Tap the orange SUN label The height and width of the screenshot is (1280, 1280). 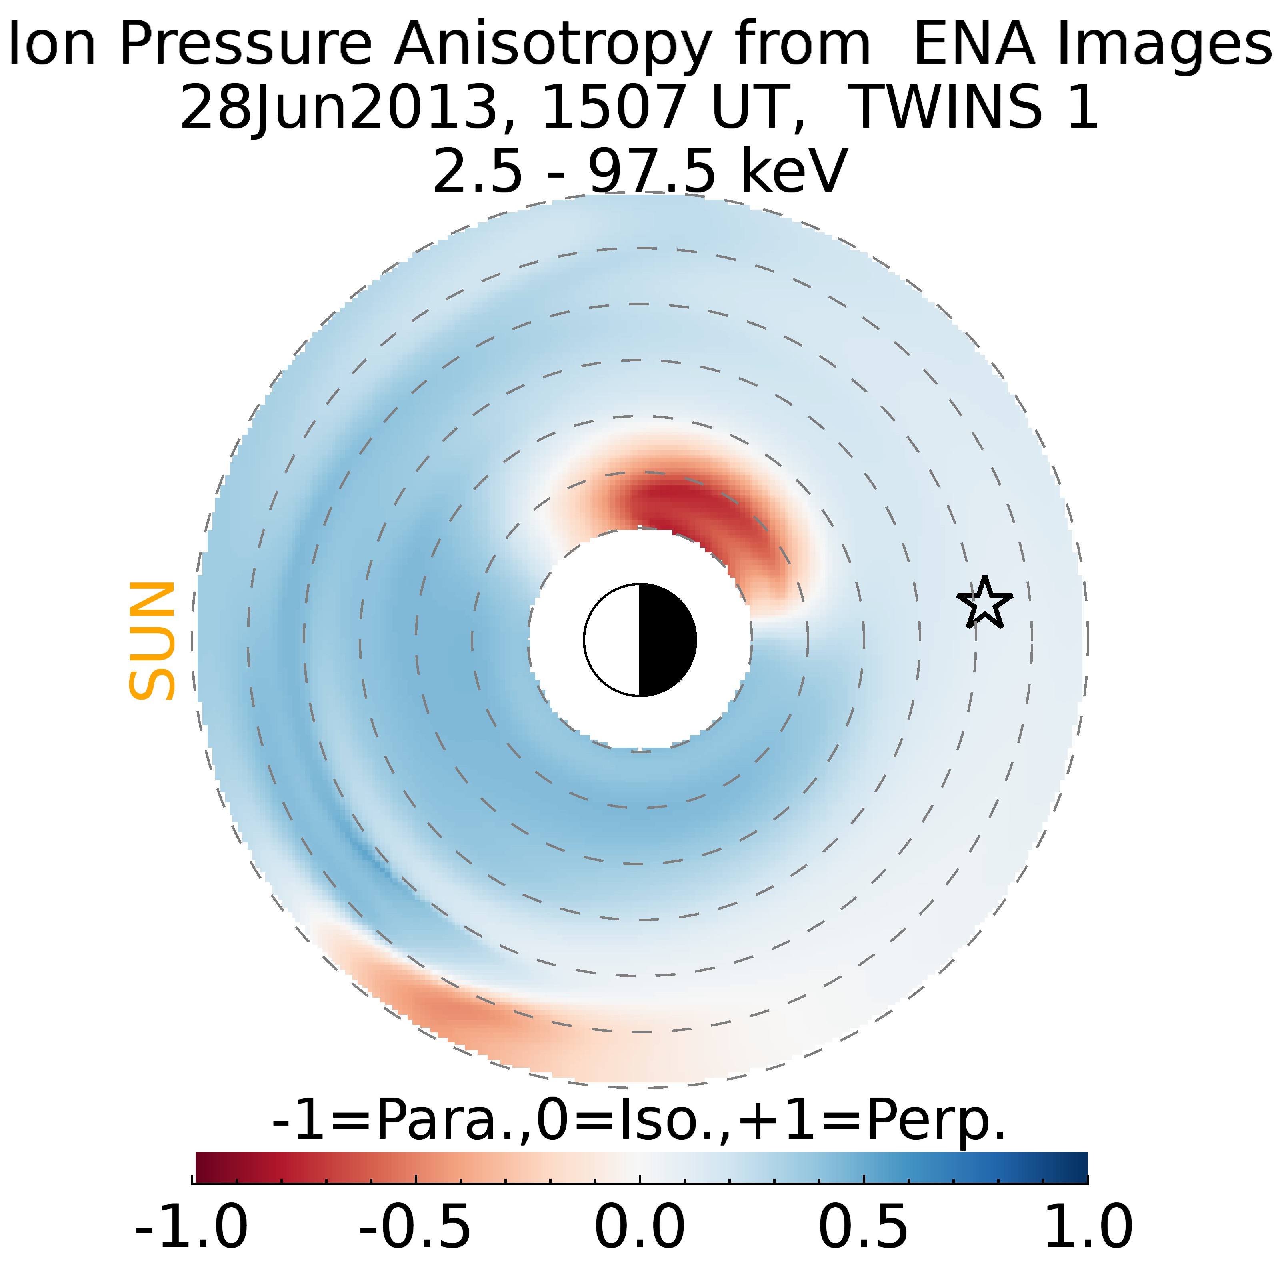pyautogui.click(x=152, y=641)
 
